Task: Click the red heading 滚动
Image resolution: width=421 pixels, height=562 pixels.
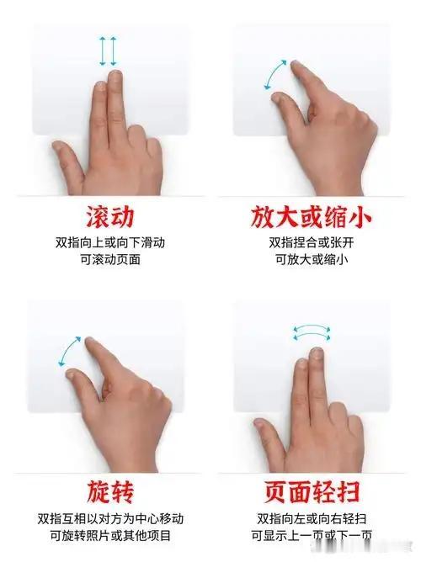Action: [x=110, y=217]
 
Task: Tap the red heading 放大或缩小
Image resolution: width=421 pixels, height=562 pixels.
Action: [x=311, y=217]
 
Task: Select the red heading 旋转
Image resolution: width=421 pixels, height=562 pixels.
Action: [x=110, y=491]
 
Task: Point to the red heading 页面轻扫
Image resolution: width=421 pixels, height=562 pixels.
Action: [x=312, y=491]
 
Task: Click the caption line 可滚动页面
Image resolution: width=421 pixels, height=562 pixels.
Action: [x=110, y=259]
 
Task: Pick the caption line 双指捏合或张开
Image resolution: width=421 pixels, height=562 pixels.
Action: [x=312, y=242]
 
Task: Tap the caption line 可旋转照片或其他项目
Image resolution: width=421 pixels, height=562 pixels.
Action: [x=110, y=536]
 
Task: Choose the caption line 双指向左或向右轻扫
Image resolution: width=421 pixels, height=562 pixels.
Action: [x=312, y=518]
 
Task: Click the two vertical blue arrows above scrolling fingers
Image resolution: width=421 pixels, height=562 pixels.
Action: [x=108, y=50]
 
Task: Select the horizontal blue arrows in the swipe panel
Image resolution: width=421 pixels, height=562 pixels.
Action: [x=312, y=333]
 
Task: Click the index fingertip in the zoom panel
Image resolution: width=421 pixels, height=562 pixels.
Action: [x=296, y=66]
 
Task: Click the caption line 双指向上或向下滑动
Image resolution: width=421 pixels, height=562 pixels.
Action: [x=110, y=242]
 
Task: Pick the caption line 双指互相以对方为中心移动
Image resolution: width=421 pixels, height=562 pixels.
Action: [x=110, y=518]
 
